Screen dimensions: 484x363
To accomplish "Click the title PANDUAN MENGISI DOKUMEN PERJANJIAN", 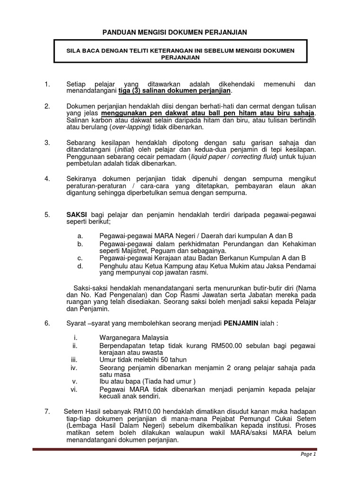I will coord(175,32).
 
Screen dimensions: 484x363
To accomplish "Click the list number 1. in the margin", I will coord(47,84).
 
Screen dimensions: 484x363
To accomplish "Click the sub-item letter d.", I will coord(80,266).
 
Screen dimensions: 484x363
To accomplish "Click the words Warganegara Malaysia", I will coord(134,338).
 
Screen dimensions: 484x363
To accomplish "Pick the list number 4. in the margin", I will coord(47,179).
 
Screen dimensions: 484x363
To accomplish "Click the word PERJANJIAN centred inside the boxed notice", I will coord(174,57).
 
